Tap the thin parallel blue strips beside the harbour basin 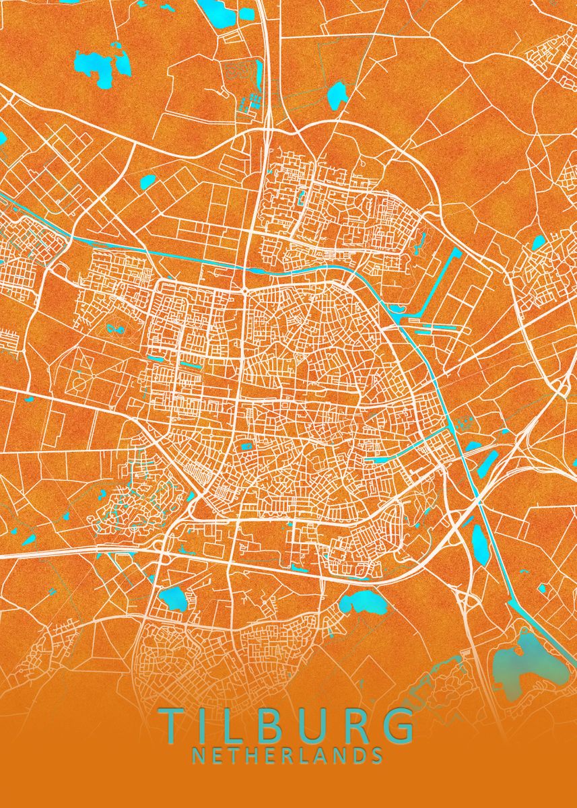[438, 328]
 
